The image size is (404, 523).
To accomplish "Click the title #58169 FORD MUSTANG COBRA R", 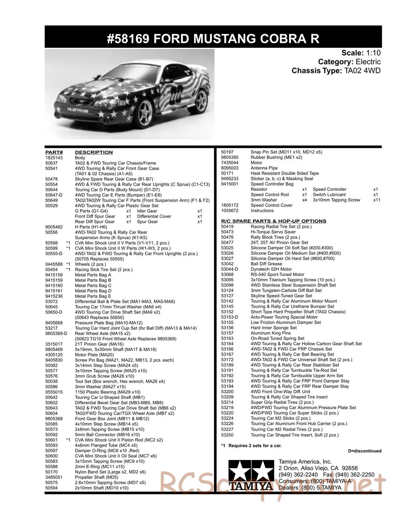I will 213,39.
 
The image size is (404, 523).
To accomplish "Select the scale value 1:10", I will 373,53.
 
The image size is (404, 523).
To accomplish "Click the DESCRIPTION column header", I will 94,152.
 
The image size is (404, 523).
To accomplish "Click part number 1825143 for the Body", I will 53,158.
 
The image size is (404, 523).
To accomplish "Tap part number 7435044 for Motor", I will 229,162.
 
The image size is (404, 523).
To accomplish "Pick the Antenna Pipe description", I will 264,168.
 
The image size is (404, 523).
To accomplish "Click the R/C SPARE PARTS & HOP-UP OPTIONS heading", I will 274,221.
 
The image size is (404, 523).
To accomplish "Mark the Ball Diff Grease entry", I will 266,264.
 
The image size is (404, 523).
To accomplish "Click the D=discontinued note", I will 364,451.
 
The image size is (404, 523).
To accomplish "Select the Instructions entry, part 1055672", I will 262,211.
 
